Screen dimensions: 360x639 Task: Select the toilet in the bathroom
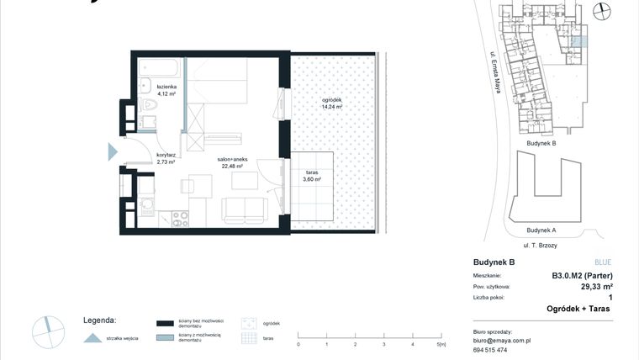point(150,107)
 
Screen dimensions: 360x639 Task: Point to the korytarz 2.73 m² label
point(166,159)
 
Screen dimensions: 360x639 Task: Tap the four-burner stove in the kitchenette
point(179,219)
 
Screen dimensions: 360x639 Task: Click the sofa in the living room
point(245,209)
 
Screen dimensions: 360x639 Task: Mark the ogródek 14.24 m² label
point(332,104)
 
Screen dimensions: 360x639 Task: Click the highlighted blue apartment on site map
point(577,42)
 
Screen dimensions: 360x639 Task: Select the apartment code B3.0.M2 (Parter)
point(581,276)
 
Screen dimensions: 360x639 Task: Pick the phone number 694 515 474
point(492,350)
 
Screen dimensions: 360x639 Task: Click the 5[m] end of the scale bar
point(440,344)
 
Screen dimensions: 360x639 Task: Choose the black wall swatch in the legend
point(164,323)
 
